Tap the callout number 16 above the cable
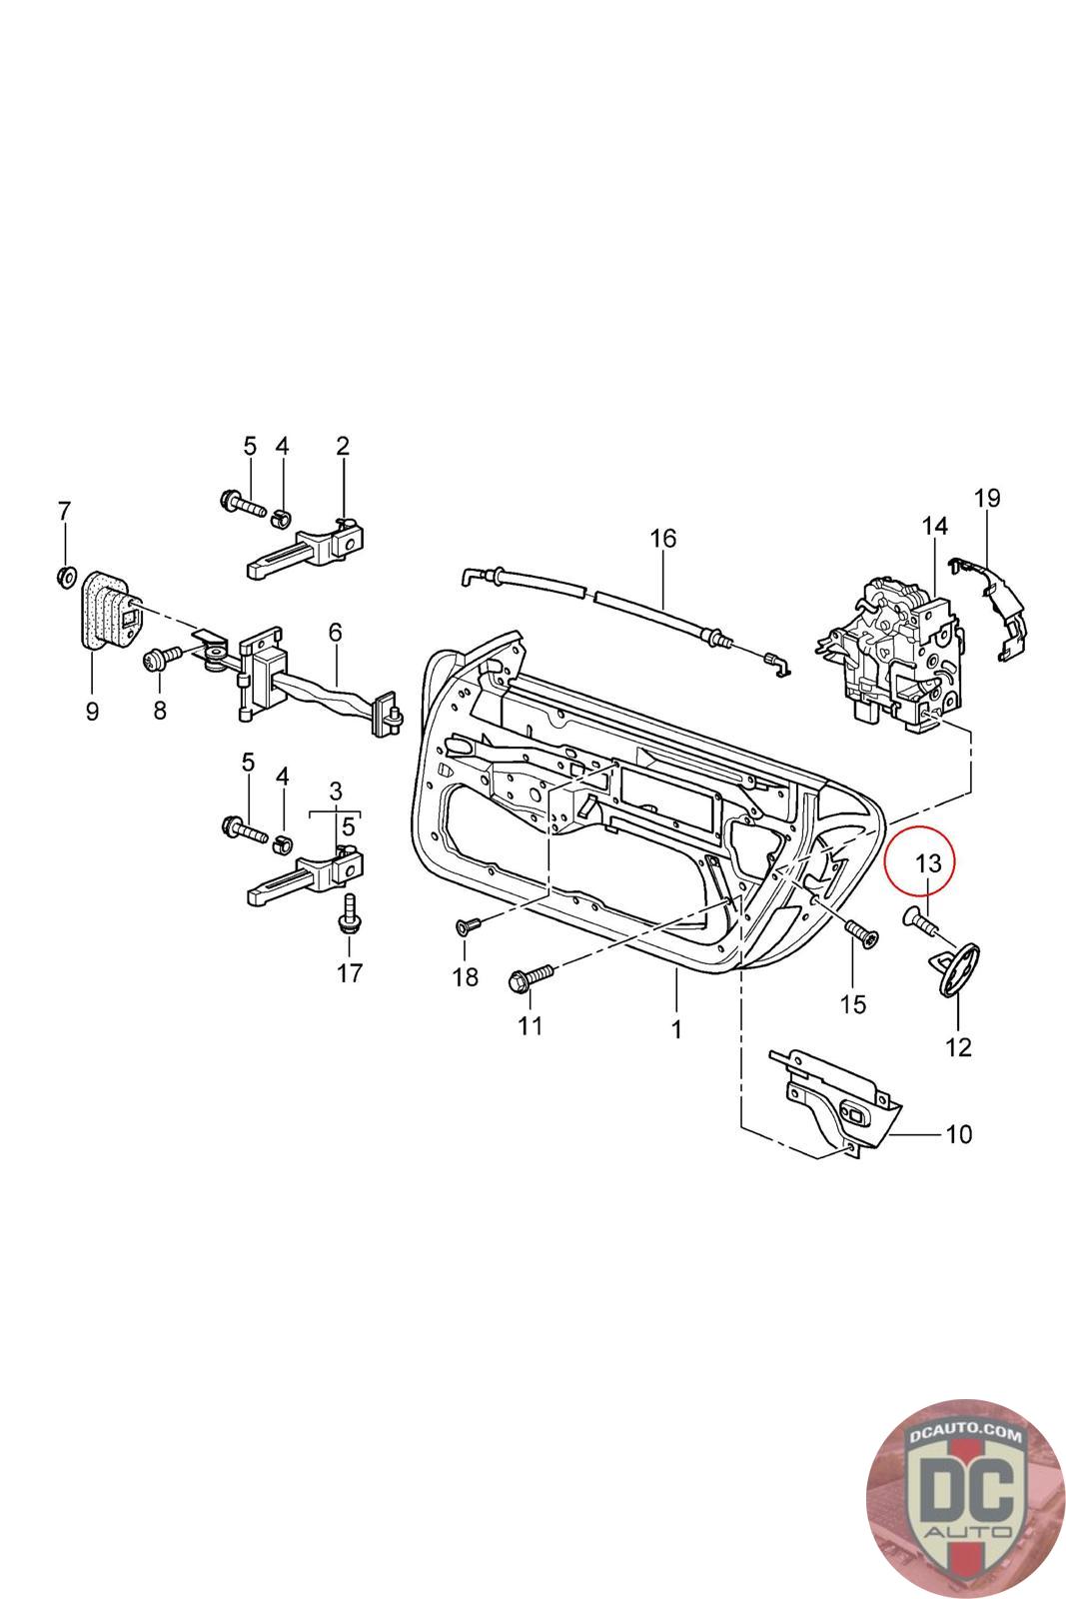(662, 539)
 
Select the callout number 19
(987, 498)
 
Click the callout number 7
(64, 512)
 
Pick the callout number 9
(92, 713)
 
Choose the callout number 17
(349, 972)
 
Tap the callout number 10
(958, 1134)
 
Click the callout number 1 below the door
(676, 1028)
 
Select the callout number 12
(958, 1047)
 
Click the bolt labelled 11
(531, 976)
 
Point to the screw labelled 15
(859, 933)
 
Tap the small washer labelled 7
(65, 576)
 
